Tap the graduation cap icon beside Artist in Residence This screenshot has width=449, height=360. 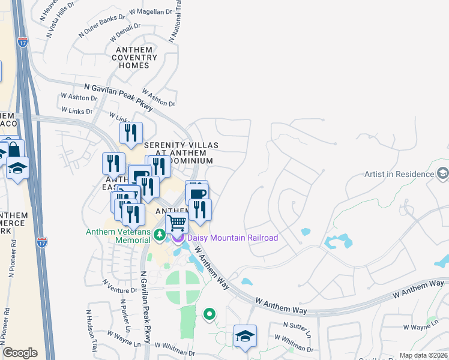click(x=443, y=174)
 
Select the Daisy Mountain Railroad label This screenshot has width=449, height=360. click(x=233, y=238)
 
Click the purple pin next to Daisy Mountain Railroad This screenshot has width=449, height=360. click(x=178, y=238)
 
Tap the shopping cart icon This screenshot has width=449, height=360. click(x=176, y=223)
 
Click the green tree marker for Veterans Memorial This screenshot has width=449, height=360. click(x=160, y=235)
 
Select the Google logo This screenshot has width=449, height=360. click(x=20, y=352)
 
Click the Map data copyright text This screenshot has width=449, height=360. click(x=424, y=355)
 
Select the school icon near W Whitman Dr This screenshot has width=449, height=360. click(x=245, y=337)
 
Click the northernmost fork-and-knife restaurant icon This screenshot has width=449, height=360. click(x=131, y=133)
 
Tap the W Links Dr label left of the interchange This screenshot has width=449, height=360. click(x=77, y=111)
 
